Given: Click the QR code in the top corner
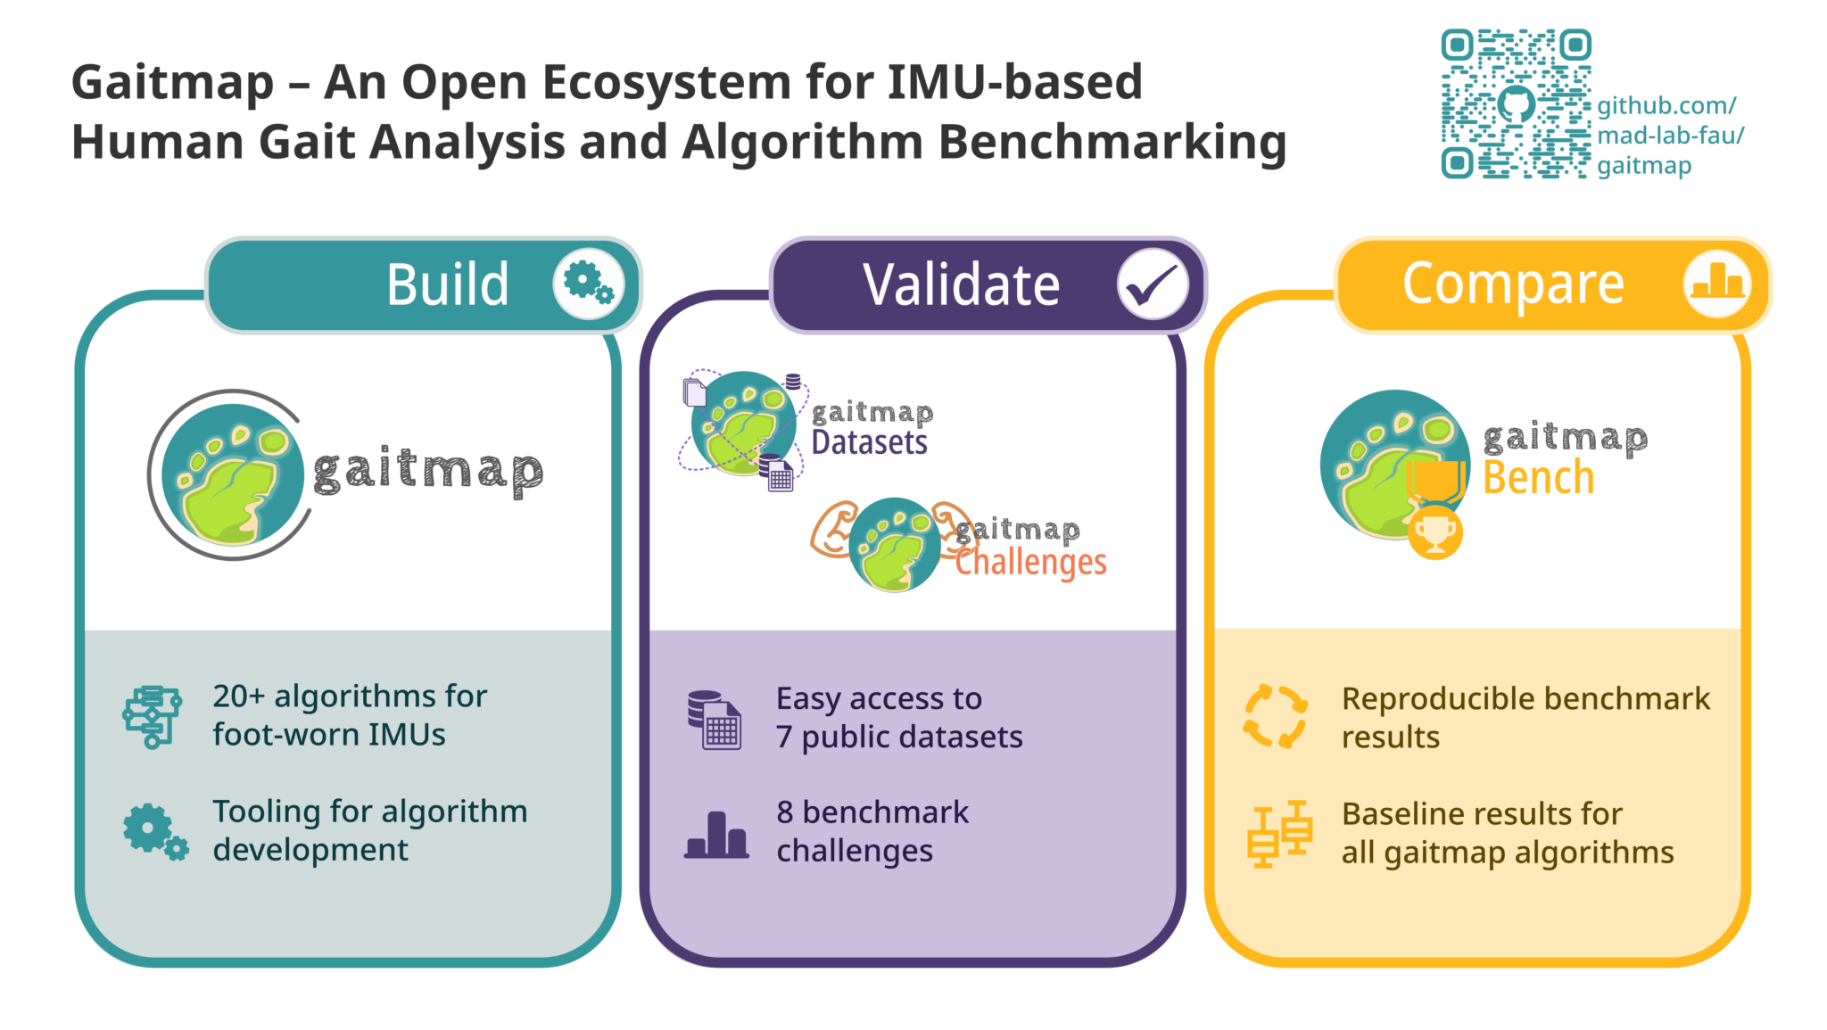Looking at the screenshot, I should (1516, 104).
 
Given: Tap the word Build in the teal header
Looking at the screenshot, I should (448, 285).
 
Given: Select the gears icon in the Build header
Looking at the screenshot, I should (589, 284).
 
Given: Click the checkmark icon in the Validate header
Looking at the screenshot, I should (1153, 284).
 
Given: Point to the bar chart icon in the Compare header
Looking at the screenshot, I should (1717, 284).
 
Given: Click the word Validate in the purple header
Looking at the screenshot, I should (962, 285).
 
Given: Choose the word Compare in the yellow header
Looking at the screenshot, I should (1513, 284).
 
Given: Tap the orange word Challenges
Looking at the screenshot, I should (1031, 563).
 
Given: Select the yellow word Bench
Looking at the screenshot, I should (1538, 478).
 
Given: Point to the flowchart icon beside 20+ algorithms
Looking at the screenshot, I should (152, 716).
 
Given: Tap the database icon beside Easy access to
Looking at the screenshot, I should (715, 720).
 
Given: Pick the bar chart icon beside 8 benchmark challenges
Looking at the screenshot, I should (716, 836).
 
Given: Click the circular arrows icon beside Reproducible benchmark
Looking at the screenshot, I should (1276, 717).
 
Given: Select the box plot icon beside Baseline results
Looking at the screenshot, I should (1279, 834).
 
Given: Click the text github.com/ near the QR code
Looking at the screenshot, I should (1666, 106).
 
